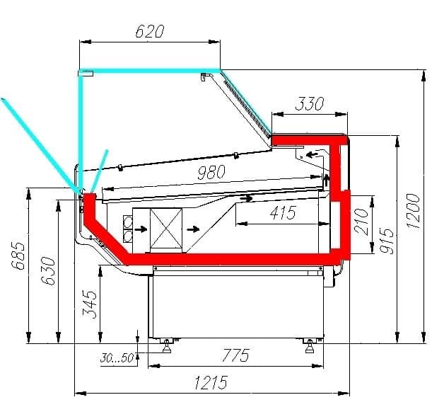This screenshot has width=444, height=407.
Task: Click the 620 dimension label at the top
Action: (149, 31)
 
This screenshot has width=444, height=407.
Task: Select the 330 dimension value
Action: (309, 104)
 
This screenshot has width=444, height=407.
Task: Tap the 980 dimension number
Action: (211, 172)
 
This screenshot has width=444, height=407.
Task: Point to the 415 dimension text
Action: (284, 212)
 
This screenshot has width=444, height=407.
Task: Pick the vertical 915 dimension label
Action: (386, 241)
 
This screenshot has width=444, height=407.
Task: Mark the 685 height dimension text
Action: (18, 256)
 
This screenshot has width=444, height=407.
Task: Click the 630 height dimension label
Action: (48, 271)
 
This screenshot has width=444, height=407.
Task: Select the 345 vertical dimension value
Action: (90, 304)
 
